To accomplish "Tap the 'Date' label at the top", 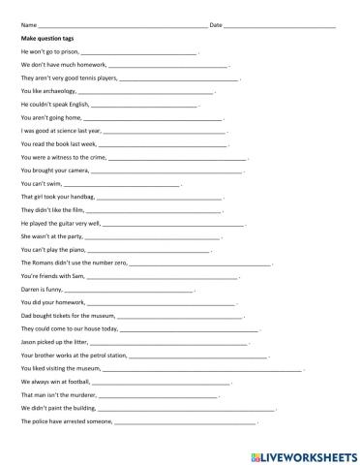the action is (216, 23).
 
